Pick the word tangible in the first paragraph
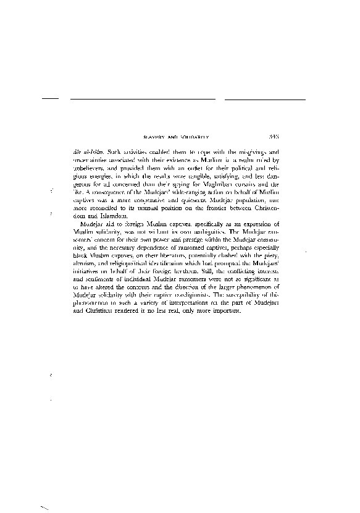[x=191, y=176]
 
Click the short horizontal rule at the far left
[x=49, y=98]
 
